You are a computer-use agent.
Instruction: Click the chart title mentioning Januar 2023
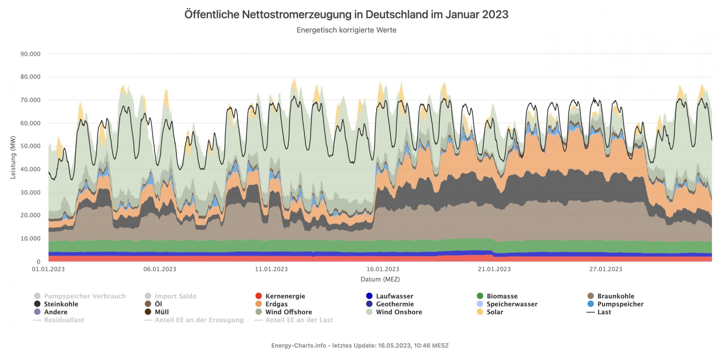click(346, 14)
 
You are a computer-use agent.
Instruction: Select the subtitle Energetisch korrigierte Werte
click(346, 30)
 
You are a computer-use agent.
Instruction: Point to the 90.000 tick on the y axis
click(30, 54)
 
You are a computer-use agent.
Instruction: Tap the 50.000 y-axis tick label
click(30, 146)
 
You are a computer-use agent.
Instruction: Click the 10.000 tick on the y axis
click(30, 238)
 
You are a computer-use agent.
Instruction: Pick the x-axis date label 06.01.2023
click(160, 269)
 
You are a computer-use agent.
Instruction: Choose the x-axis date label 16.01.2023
click(383, 269)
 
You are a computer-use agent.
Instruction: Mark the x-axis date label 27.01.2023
click(606, 269)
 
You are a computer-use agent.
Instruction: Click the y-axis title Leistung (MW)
click(13, 157)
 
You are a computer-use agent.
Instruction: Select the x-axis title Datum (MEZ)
click(380, 279)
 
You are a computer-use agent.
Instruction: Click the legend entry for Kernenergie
click(285, 296)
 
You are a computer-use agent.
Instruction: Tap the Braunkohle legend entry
click(615, 296)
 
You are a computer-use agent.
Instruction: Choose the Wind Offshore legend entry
click(288, 312)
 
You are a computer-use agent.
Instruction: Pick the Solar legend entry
click(495, 312)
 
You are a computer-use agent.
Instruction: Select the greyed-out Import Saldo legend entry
click(175, 296)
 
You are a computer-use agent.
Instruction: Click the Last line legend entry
click(604, 312)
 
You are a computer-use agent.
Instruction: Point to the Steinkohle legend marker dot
click(37, 304)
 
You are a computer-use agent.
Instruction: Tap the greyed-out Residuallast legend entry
click(64, 320)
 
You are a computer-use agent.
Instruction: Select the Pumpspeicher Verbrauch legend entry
click(85, 296)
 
